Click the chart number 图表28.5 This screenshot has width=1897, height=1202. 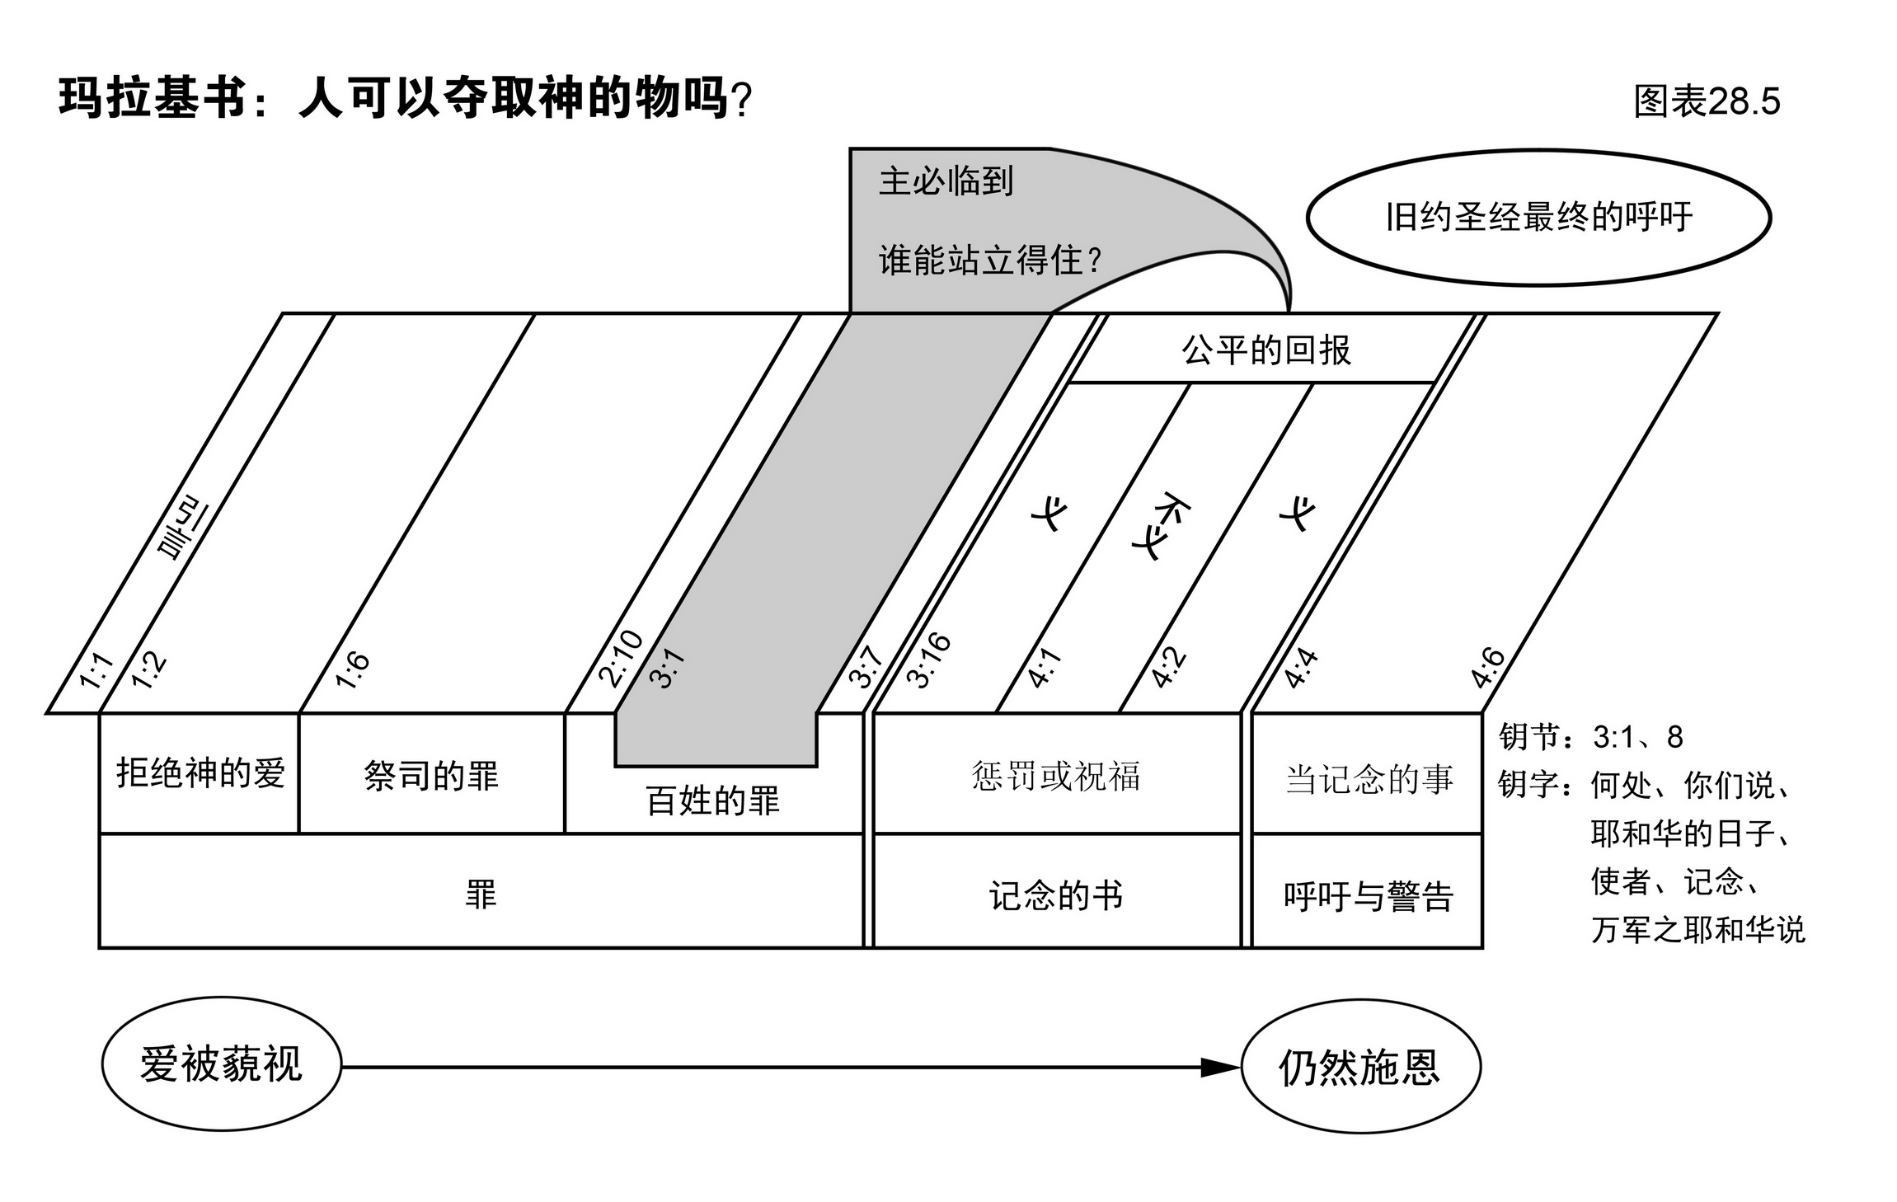pyautogui.click(x=1707, y=101)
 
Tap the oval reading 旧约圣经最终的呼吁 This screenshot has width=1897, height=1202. pyautogui.click(x=1538, y=218)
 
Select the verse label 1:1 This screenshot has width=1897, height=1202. pyautogui.click(x=96, y=670)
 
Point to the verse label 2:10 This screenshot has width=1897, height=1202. pyautogui.click(x=620, y=658)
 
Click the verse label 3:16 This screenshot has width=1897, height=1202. pyautogui.click(x=928, y=660)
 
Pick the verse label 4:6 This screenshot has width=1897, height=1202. pyautogui.click(x=1488, y=668)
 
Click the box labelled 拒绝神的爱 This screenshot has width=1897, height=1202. pyautogui.click(x=200, y=773)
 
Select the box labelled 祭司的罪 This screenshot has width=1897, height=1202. pyautogui.click(x=431, y=776)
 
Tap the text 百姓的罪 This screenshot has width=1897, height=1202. pyautogui.click(x=713, y=801)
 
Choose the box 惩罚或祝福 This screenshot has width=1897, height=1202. pyautogui.click(x=1056, y=776)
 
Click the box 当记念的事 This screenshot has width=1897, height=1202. pyautogui.click(x=1369, y=778)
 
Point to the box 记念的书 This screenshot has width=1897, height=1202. pyautogui.click(x=1056, y=895)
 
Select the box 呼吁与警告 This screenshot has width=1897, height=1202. pyautogui.click(x=1368, y=896)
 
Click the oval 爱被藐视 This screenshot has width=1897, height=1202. pyautogui.click(x=221, y=1064)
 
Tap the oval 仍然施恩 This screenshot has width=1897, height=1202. pyautogui.click(x=1360, y=1068)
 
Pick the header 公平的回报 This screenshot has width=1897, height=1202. pyautogui.click(x=1265, y=350)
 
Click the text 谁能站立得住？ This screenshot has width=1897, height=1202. pyautogui.click(x=990, y=261)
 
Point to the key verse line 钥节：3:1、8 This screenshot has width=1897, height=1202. pyautogui.click(x=1590, y=736)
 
